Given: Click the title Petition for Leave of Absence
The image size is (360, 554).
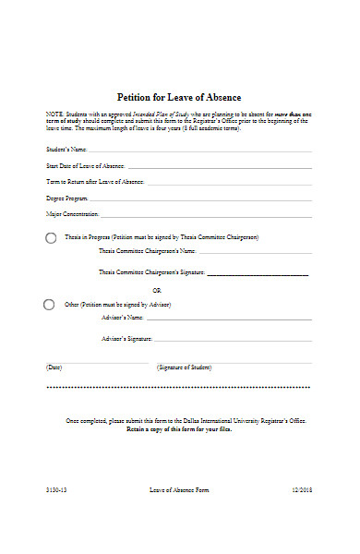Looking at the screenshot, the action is click(x=179, y=97).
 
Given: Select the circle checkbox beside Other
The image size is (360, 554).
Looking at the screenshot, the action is click(x=49, y=304).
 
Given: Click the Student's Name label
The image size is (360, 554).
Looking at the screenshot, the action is click(x=66, y=149).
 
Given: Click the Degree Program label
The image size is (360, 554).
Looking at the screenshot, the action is click(x=67, y=199).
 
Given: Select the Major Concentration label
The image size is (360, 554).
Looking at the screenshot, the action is click(x=72, y=214).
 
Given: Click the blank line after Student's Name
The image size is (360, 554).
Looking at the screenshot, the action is click(x=199, y=150).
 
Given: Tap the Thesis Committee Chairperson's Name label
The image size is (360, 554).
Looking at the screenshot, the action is click(x=147, y=251).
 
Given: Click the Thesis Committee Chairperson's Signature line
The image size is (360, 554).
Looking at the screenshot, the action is click(x=258, y=274).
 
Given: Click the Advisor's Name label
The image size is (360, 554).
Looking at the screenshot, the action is click(x=121, y=318).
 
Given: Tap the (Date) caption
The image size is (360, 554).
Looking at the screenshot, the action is click(x=54, y=367).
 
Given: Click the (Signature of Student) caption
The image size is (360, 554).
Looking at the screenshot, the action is click(x=185, y=367).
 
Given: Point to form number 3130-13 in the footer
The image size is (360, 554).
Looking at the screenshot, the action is click(x=55, y=489).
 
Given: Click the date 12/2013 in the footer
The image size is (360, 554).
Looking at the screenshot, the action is click(x=303, y=489).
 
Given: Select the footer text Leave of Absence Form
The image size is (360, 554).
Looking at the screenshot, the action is click(x=179, y=489).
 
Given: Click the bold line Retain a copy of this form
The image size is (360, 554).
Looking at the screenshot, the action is click(x=179, y=429).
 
